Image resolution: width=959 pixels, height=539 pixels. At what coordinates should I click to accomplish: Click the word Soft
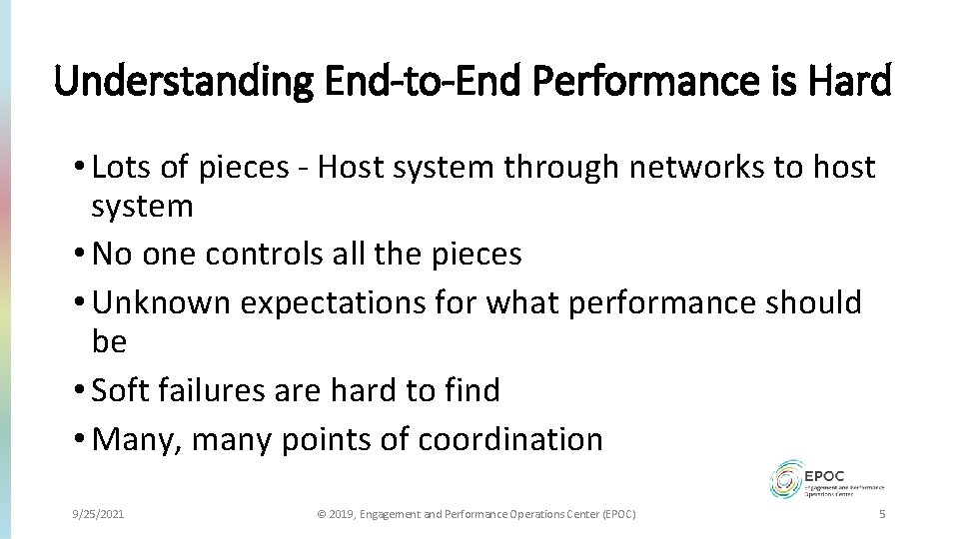(118, 390)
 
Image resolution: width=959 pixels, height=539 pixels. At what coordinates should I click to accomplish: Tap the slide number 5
(881, 514)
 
